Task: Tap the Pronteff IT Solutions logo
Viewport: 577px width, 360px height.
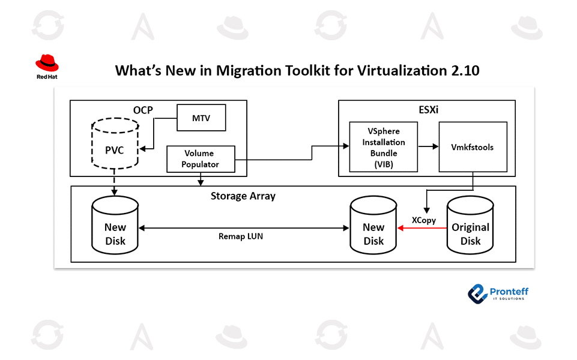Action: click(498, 293)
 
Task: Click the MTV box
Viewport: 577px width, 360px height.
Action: click(201, 117)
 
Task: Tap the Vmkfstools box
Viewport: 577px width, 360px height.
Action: click(473, 147)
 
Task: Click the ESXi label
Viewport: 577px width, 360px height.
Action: click(426, 110)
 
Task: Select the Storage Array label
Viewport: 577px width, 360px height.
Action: click(243, 196)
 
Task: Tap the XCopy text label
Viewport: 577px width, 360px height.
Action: click(423, 220)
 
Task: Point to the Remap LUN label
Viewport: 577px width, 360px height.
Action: click(240, 236)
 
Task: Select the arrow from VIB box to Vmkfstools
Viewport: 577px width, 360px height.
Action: click(427, 146)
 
